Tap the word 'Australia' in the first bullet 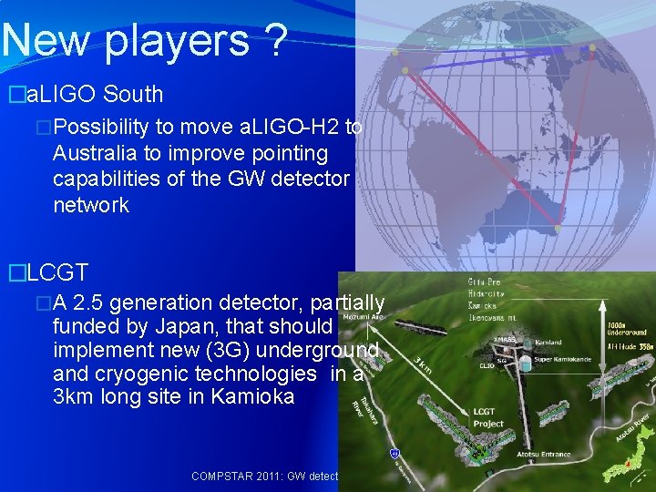click(x=97, y=153)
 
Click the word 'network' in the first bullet click(x=91, y=205)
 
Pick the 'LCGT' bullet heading click(x=57, y=272)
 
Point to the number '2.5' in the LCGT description click(x=94, y=302)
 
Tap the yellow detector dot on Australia click(x=557, y=228)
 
